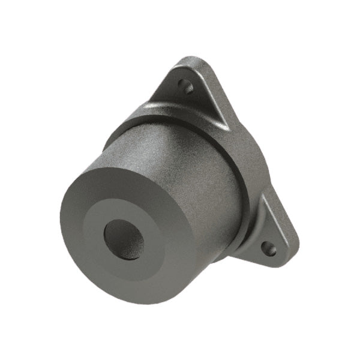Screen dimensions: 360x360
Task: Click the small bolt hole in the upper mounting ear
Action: coord(188,88)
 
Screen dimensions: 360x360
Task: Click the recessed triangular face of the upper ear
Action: coord(180,90)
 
